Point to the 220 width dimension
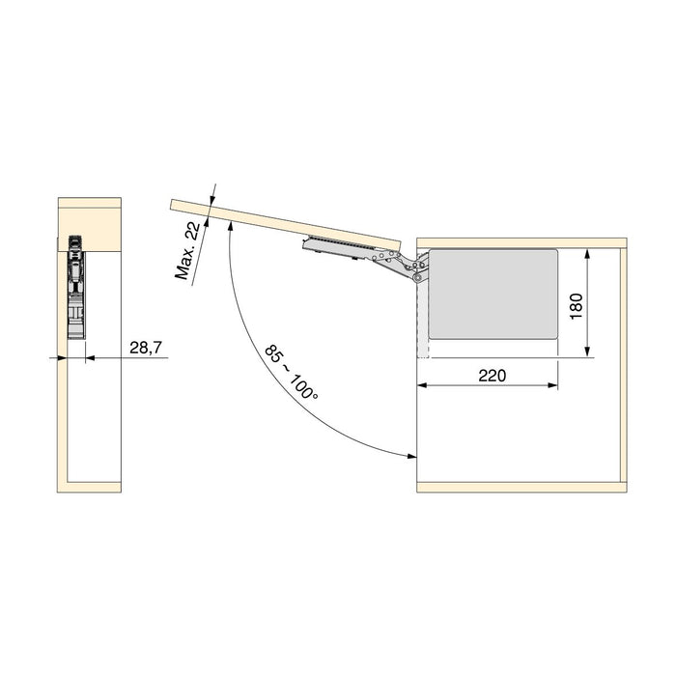click(492, 375)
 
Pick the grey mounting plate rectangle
click(493, 293)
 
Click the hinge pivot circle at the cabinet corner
click(418, 277)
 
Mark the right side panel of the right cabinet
click(624, 362)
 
